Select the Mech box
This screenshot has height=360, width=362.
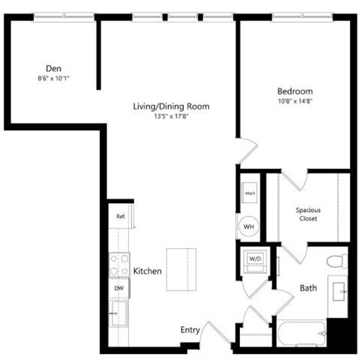(x=250, y=194)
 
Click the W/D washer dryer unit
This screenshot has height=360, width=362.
(x=253, y=261)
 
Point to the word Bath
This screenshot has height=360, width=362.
(x=308, y=288)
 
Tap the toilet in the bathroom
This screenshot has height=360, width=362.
(x=337, y=260)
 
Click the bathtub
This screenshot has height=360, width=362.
(x=300, y=332)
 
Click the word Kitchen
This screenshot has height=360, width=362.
(x=147, y=270)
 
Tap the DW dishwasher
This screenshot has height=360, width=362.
(x=118, y=288)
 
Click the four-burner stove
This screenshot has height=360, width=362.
(x=119, y=263)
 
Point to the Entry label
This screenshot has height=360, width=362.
(x=189, y=330)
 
